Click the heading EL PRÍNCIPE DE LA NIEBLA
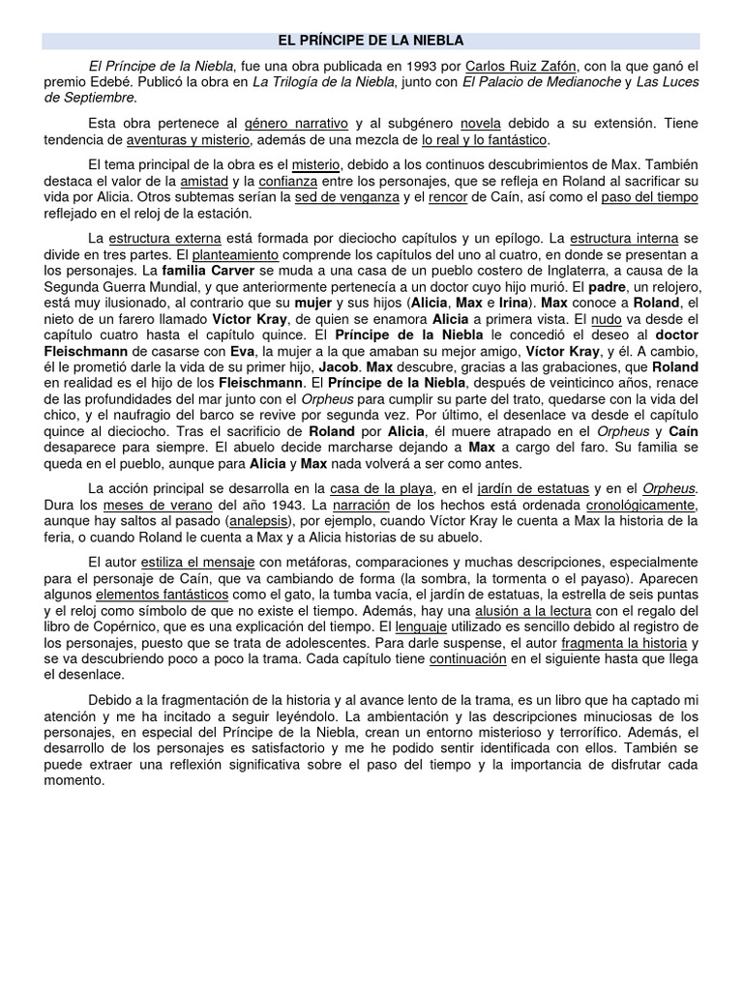[x=371, y=41]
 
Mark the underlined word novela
[x=481, y=125]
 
